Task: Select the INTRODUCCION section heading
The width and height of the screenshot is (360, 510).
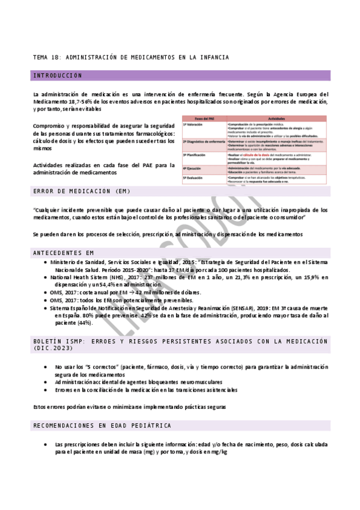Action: (58, 76)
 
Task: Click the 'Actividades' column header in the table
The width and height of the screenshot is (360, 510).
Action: (276, 118)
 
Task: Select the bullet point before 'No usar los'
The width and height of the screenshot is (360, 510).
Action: (47, 366)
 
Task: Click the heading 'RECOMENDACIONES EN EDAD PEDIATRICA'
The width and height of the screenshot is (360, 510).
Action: (102, 425)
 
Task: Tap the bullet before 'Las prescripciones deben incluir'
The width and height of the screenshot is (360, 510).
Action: (47, 444)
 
